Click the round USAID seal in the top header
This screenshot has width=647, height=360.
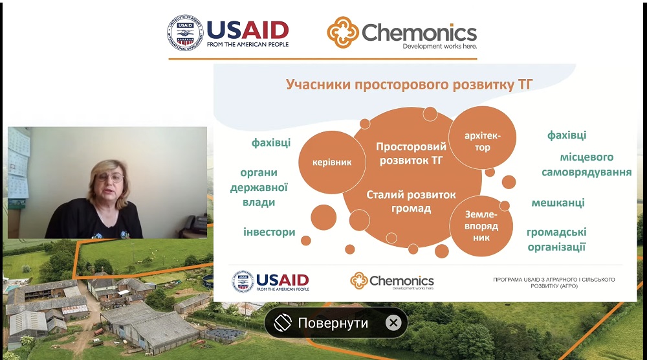click(x=185, y=33)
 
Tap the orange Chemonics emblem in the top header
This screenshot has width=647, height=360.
click(x=343, y=32)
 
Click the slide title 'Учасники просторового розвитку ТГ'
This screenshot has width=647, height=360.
click(x=410, y=84)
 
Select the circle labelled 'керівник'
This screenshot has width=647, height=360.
click(x=332, y=163)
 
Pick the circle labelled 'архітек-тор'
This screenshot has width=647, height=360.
click(x=483, y=138)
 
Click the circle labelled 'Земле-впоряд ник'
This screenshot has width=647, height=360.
click(x=481, y=226)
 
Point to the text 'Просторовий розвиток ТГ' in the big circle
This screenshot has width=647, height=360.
click(x=411, y=153)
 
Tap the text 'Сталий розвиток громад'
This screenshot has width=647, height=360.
click(x=411, y=201)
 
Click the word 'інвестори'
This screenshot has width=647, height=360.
click(x=269, y=232)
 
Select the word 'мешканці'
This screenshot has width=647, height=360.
click(x=558, y=203)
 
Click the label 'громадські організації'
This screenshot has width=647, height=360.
click(x=556, y=240)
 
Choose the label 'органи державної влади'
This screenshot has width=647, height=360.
click(x=259, y=187)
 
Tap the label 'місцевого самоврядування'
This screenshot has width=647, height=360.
click(x=586, y=164)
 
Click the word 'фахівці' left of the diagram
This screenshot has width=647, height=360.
click(x=271, y=142)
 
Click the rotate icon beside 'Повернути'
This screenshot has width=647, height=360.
click(x=283, y=322)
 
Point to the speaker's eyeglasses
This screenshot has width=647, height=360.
click(x=110, y=178)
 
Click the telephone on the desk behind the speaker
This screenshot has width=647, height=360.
click(x=195, y=225)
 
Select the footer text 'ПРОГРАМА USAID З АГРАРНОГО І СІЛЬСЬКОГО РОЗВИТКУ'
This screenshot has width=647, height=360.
click(x=554, y=282)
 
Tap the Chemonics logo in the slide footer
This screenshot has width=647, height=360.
click(x=392, y=281)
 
